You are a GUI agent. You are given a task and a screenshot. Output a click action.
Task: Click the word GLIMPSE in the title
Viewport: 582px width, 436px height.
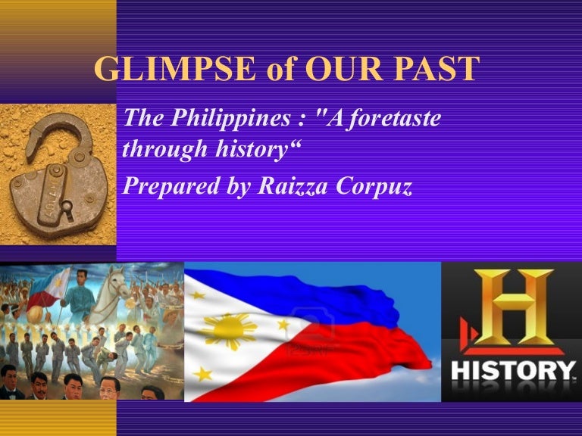(175, 69)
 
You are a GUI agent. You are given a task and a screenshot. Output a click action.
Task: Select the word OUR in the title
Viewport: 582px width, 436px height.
(343, 69)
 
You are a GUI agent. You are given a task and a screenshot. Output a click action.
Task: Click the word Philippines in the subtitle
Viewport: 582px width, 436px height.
(230, 119)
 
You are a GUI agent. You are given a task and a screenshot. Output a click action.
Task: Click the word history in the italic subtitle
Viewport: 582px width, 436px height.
(252, 150)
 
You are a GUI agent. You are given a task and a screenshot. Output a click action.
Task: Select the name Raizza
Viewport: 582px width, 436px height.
(293, 185)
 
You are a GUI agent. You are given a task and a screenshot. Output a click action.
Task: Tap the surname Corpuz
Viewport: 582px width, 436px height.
(374, 186)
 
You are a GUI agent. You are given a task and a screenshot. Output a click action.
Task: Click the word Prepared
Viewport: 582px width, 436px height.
(171, 186)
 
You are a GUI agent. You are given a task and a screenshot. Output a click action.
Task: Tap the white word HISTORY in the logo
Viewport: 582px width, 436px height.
(513, 371)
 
